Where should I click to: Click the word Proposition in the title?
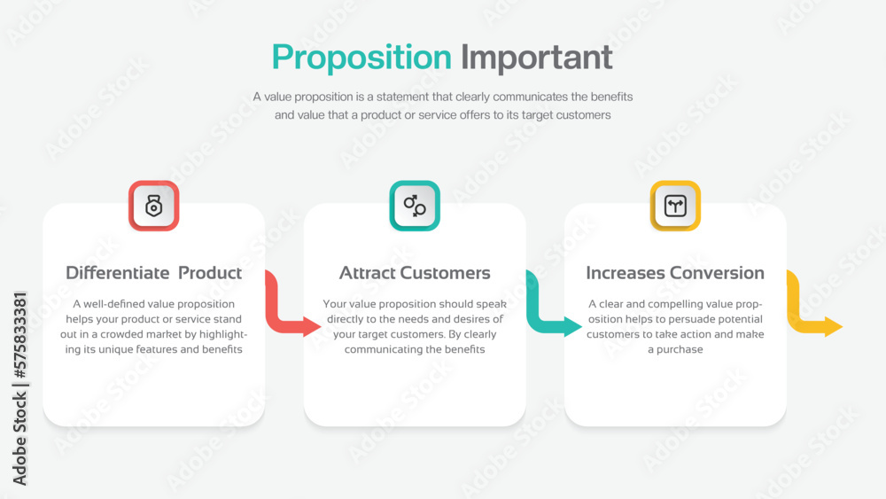coord(361,58)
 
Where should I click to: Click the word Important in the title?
coord(536,58)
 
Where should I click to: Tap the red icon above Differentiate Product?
coord(154,206)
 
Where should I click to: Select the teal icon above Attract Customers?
coord(415,206)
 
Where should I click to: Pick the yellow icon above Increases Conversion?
coord(675,206)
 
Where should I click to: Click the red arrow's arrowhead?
coord(312,326)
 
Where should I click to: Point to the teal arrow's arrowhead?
coord(573,326)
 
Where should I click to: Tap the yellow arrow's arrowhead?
coord(834,326)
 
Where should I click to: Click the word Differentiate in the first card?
coord(117,273)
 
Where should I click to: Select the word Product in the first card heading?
coord(210,273)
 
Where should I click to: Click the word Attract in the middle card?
coord(366,273)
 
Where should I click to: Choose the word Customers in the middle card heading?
coord(445,273)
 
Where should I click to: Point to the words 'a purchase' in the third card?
coord(675,349)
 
